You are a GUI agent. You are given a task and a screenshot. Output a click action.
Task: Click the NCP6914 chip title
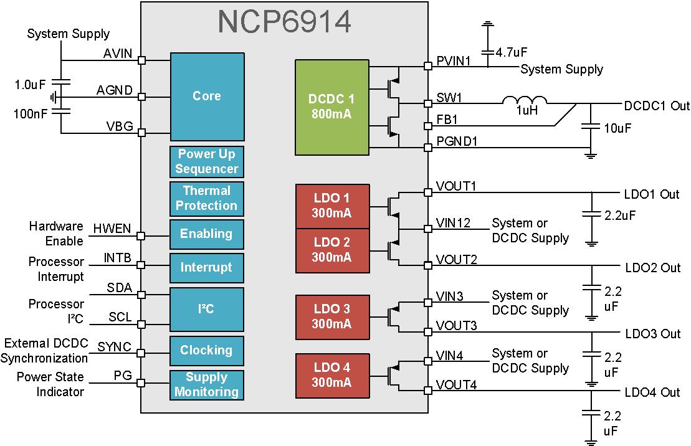pyautogui.click(x=284, y=22)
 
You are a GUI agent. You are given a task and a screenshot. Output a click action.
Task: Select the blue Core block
pyautogui.click(x=206, y=96)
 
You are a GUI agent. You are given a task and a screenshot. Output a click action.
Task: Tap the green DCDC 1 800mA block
pyautogui.click(x=331, y=107)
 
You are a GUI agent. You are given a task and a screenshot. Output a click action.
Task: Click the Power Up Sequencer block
pyautogui.click(x=206, y=161)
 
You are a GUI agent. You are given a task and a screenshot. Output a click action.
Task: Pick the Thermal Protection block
pyautogui.click(x=206, y=198)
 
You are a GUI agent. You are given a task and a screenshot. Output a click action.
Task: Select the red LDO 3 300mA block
pyautogui.click(x=331, y=316)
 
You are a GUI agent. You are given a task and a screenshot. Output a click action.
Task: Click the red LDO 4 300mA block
pyautogui.click(x=331, y=374)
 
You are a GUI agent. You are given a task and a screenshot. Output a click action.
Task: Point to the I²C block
pyautogui.click(x=206, y=308)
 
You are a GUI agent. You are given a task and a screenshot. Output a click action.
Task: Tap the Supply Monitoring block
pyautogui.click(x=206, y=385)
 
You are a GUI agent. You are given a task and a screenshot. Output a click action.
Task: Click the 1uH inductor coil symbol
pyautogui.click(x=525, y=102)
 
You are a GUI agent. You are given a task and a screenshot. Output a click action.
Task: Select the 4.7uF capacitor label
pyautogui.click(x=512, y=54)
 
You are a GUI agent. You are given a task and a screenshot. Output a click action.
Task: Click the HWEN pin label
pyautogui.click(x=112, y=229)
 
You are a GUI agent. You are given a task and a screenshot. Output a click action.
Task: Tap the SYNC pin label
pyautogui.click(x=115, y=346)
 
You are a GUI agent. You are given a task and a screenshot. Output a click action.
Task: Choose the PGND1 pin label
pyautogui.click(x=457, y=141)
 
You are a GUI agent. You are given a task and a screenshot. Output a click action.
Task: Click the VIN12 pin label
pyautogui.click(x=453, y=223)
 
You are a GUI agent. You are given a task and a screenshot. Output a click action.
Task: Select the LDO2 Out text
pyautogui.click(x=652, y=268)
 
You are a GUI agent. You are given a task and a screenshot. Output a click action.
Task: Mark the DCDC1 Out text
pyautogui.click(x=657, y=106)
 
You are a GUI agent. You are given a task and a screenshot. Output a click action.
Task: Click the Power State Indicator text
pyautogui.click(x=50, y=384)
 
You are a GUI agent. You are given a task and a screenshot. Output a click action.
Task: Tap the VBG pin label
pyautogui.click(x=120, y=126)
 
